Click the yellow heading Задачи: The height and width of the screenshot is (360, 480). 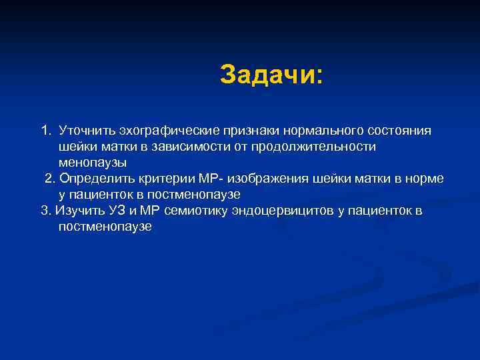pyautogui.click(x=271, y=75)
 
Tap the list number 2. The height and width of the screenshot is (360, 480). pyautogui.click(x=50, y=179)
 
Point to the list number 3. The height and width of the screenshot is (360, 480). pyautogui.click(x=45, y=211)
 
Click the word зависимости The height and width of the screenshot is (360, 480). pyautogui.click(x=207, y=146)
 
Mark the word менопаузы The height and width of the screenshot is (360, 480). pyautogui.click(x=92, y=162)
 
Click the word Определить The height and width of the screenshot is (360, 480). pyautogui.click(x=93, y=179)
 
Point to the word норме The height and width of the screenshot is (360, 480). pyautogui.click(x=426, y=179)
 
